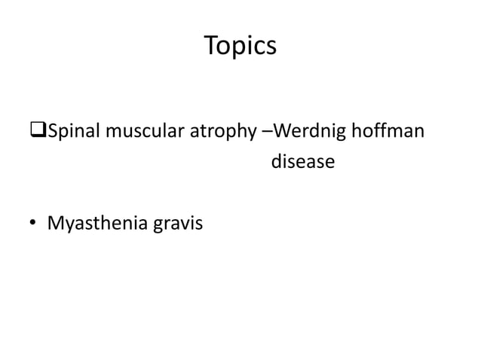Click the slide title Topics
pyautogui.click(x=240, y=47)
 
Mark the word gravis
pyautogui.click(x=176, y=224)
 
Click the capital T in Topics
pyautogui.click(x=211, y=47)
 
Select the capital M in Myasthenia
pyautogui.click(x=56, y=223)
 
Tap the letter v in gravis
pyautogui.click(x=184, y=224)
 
